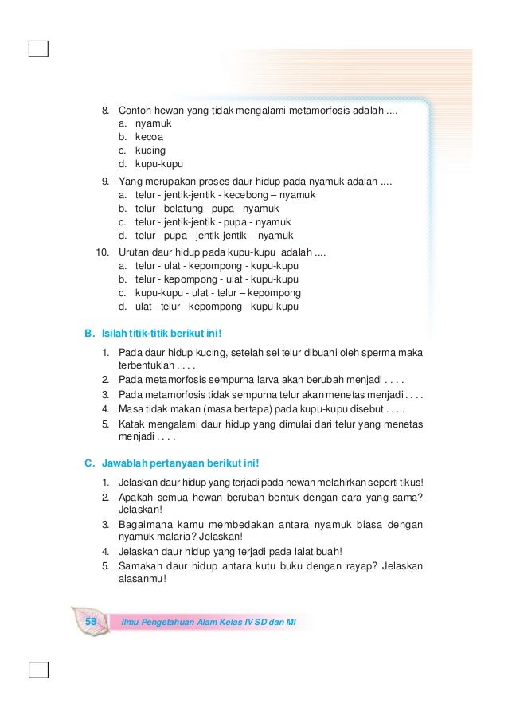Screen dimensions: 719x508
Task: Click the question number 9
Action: click(x=105, y=181)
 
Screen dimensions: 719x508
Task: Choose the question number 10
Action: click(x=103, y=252)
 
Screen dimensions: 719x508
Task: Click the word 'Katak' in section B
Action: click(x=132, y=424)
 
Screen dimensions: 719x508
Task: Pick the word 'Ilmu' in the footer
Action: click(x=132, y=620)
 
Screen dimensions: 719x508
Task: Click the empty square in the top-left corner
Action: click(x=37, y=49)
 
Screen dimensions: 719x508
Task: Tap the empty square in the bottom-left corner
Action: click(x=37, y=668)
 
